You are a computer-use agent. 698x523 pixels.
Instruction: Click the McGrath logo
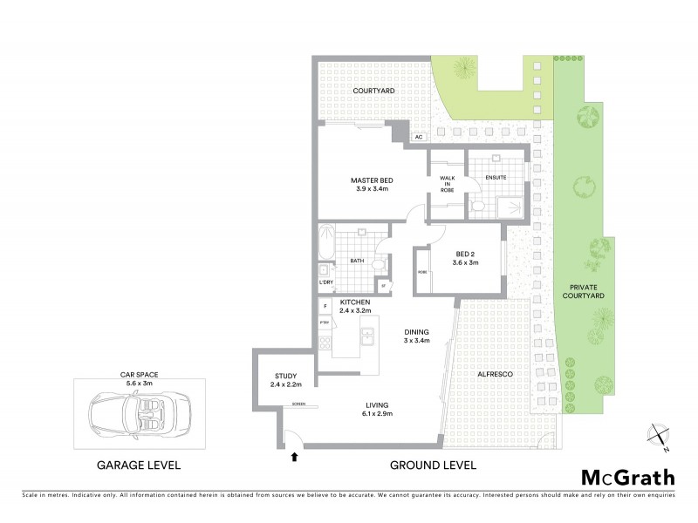pyautogui.click(x=627, y=477)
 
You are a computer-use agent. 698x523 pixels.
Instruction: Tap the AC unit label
pyautogui.click(x=419, y=137)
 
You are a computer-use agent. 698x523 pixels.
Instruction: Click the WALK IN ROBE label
pyautogui.click(x=447, y=183)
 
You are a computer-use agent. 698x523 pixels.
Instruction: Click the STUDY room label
pyautogui.click(x=285, y=376)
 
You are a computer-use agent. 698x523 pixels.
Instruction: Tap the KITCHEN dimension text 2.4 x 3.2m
pyautogui.click(x=356, y=311)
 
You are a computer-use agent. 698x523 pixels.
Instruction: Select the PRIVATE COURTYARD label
pyautogui.click(x=587, y=291)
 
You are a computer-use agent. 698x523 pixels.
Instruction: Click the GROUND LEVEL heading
pyautogui.click(x=434, y=465)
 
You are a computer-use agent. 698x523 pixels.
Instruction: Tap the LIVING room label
pyautogui.click(x=378, y=404)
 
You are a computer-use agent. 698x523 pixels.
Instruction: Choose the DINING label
pyautogui.click(x=416, y=331)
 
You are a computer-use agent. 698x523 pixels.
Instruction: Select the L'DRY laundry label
pyautogui.click(x=325, y=282)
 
